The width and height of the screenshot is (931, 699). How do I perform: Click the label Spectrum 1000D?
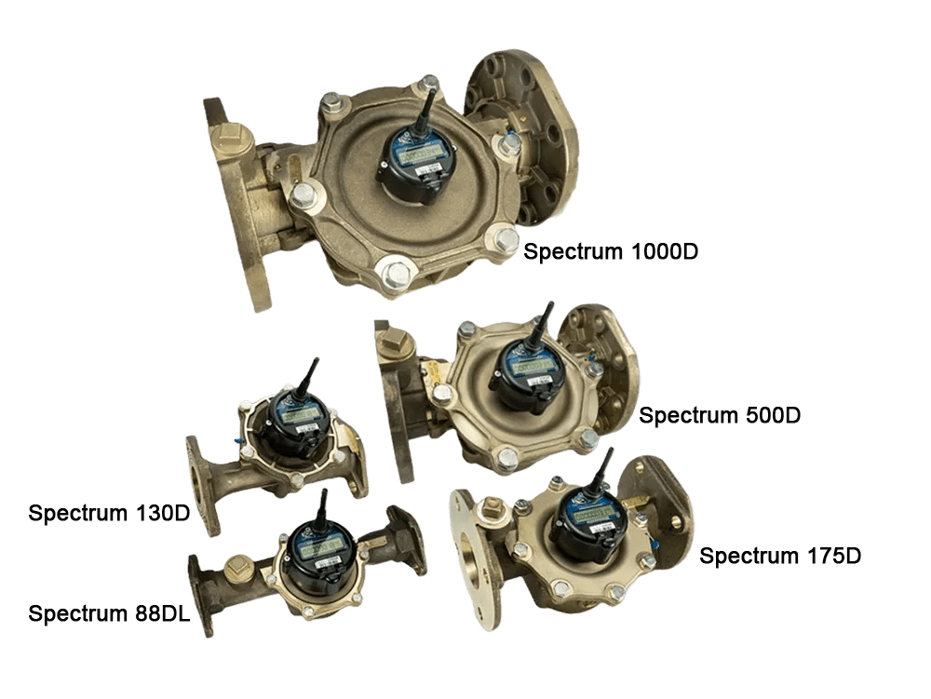point(611,252)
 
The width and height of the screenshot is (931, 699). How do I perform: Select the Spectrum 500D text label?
point(720,416)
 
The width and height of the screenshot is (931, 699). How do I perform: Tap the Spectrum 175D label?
point(780,557)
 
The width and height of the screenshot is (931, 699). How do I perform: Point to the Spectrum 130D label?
point(108,513)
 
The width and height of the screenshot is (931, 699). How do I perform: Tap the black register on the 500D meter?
point(526,373)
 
